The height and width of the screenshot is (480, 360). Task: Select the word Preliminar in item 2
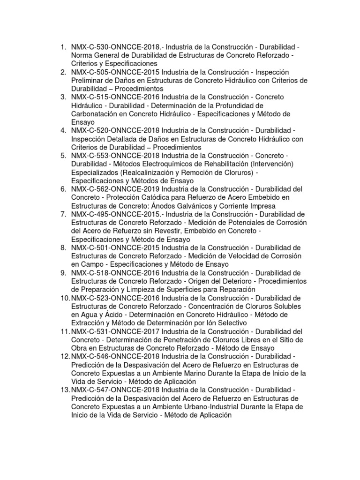(x=90, y=80)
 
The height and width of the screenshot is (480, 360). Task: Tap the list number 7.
(x=63, y=214)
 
